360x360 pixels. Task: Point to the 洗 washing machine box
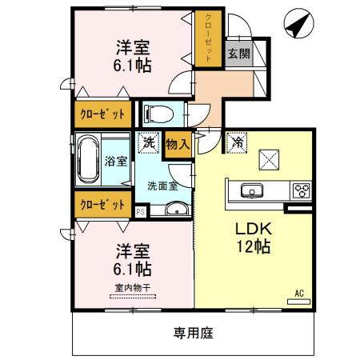(147, 143)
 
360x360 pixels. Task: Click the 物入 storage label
(178, 145)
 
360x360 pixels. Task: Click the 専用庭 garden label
(194, 333)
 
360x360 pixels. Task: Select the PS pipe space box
(140, 212)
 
